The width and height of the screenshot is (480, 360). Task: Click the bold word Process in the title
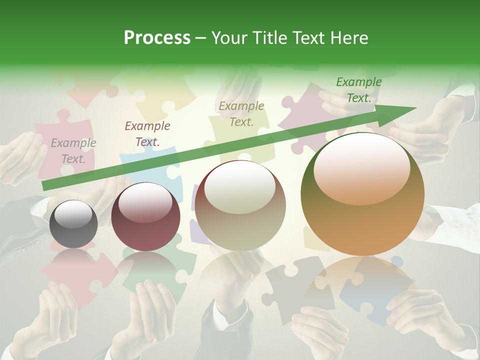(157, 38)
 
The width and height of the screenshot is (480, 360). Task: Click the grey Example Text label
(73, 151)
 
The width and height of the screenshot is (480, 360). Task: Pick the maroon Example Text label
(147, 134)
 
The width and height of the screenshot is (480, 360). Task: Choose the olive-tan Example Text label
(241, 113)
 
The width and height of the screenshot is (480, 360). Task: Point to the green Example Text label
(358, 90)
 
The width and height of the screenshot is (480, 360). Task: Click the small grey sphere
(73, 224)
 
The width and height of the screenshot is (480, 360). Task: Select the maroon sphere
(145, 216)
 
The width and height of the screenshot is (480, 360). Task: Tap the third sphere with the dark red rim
(240, 206)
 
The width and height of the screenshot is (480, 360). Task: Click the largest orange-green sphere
(362, 194)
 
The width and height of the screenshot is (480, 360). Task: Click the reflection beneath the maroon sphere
(145, 270)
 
